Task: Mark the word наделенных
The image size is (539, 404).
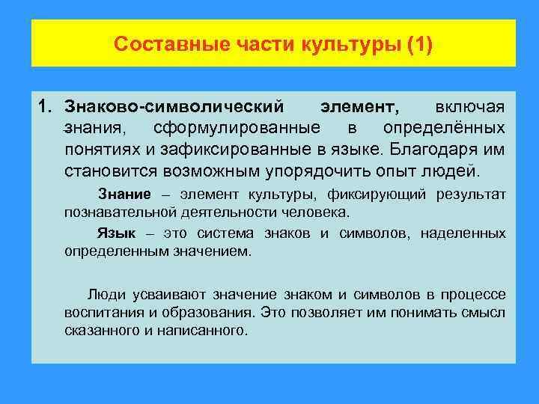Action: pos(463,233)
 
